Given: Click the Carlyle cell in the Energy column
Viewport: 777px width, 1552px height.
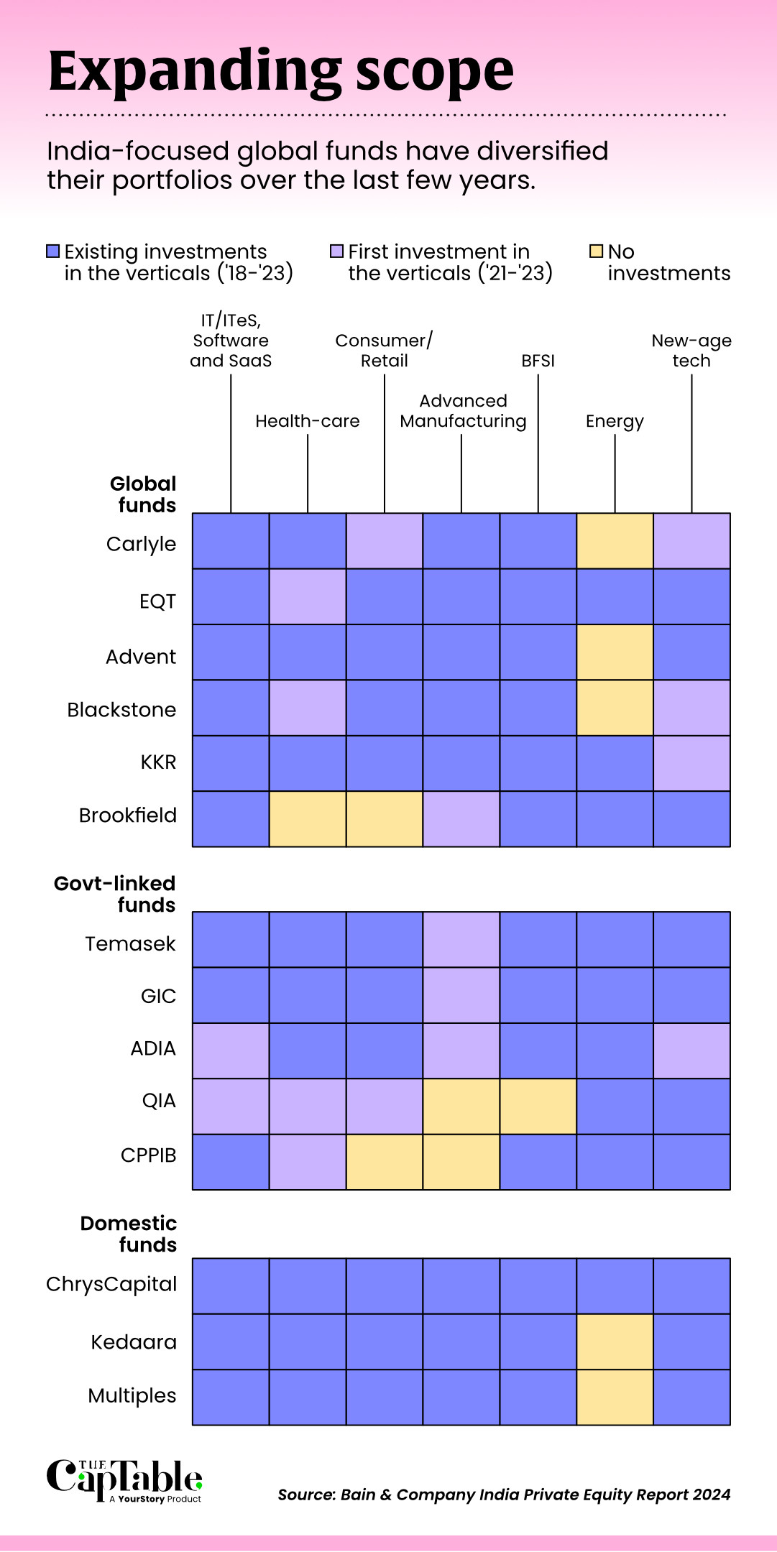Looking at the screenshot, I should click(615, 541).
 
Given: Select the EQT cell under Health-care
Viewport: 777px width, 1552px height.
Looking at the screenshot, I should click(308, 596).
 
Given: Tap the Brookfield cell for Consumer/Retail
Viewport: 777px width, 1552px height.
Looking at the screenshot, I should click(385, 819).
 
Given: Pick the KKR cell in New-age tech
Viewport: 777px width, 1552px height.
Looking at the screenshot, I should click(691, 763).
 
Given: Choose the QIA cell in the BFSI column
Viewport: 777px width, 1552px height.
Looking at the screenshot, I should click(538, 1107).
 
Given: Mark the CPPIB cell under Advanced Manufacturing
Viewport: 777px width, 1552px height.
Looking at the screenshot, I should click(461, 1162).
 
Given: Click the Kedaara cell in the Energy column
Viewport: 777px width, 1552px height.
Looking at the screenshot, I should click(615, 1341).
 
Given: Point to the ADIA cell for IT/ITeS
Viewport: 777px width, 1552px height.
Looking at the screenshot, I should click(231, 1050).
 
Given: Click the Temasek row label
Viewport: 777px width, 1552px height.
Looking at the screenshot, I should click(130, 943).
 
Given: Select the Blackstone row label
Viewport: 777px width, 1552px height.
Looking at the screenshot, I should click(121, 710).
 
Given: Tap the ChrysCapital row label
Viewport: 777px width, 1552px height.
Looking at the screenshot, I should click(111, 1284).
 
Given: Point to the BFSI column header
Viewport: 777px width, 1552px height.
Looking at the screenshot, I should click(538, 361).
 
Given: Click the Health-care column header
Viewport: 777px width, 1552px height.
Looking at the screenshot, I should click(308, 421).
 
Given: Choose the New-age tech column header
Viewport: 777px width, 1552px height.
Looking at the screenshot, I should click(691, 351).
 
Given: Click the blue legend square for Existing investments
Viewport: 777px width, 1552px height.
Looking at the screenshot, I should click(52, 251).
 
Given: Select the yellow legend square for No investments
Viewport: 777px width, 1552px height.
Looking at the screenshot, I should click(596, 251).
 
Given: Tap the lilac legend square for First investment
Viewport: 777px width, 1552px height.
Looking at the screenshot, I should click(336, 251).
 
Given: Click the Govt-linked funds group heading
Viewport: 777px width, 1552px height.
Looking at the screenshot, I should click(115, 894).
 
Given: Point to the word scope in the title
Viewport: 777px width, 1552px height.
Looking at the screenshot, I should click(435, 72).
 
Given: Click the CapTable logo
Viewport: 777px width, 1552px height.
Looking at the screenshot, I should click(124, 1480).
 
